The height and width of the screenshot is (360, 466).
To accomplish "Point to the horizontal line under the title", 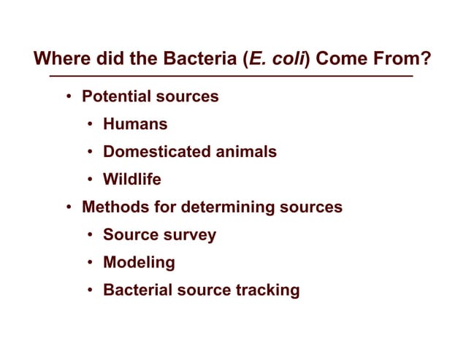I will click(230, 76).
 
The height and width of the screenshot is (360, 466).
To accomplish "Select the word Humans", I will click(135, 124).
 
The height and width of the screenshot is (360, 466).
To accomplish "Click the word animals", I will click(243, 152).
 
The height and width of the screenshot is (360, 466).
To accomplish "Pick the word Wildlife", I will click(132, 180).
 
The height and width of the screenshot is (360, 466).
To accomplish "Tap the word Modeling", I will click(139, 263).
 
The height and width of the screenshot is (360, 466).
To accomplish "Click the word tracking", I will click(268, 291).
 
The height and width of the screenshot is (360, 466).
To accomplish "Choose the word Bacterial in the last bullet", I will click(137, 291).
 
